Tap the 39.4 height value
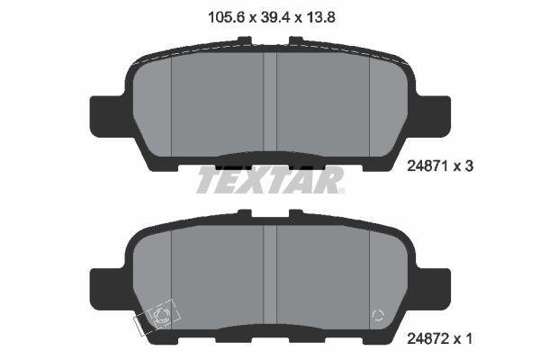click(270, 14)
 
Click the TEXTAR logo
click(270, 180)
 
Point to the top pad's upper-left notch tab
click(244, 40)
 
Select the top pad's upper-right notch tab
click(295, 40)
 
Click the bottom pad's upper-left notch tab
click(244, 214)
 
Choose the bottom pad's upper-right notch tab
click(295, 214)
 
